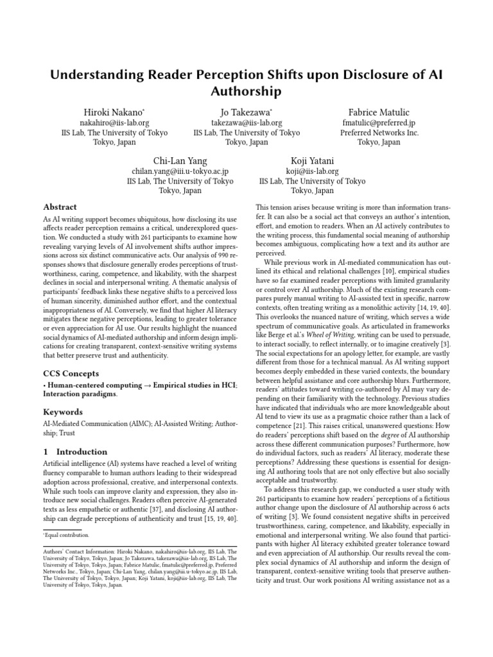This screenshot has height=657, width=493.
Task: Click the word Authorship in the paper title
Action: click(246, 91)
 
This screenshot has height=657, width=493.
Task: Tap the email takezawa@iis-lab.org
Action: click(246, 123)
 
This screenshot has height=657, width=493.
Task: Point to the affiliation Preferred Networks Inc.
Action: click(379, 133)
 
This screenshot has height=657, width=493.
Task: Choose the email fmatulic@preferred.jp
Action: click(379, 123)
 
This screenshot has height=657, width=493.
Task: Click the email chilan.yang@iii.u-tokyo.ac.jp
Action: click(180, 171)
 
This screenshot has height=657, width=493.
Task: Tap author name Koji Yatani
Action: click(312, 160)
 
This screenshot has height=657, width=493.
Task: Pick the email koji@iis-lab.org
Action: click(312, 171)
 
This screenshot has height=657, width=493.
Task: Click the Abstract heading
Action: click(60, 207)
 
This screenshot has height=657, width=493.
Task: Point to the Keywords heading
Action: click(63, 412)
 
